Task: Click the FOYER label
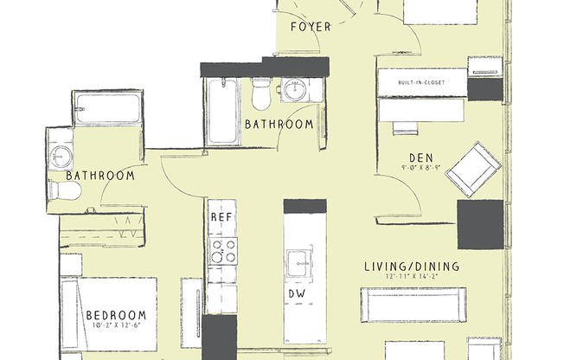coord(311,27)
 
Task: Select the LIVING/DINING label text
coord(412,267)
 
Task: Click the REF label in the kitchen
coord(221,218)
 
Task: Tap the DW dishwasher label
coord(296,294)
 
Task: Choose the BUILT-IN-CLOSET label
coord(421,82)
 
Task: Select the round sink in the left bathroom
coord(61,156)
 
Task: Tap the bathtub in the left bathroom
coord(106,109)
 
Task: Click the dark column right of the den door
coord(479,223)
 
